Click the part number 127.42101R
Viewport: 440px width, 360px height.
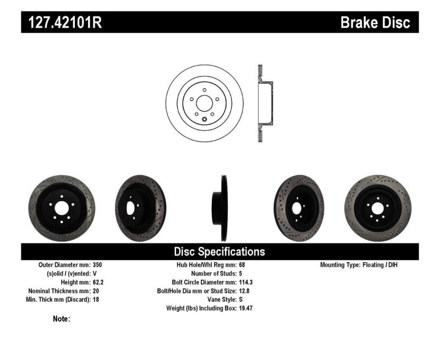tap(61, 23)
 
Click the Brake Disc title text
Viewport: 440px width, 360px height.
tap(375, 23)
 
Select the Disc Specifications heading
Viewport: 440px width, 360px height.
tap(219, 252)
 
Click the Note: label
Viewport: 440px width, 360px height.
tap(62, 319)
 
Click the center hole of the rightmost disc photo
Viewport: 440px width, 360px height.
tap(378, 208)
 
